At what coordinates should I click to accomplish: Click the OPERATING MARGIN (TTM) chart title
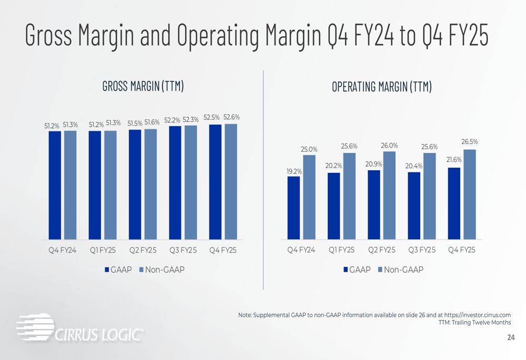(381, 87)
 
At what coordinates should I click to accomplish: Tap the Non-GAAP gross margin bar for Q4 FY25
(230, 181)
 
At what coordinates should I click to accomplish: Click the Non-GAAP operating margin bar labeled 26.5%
(469, 194)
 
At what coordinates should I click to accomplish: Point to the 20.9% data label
(373, 164)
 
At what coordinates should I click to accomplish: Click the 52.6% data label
(231, 117)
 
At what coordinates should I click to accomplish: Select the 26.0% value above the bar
(389, 146)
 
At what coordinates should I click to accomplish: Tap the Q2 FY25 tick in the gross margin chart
(143, 250)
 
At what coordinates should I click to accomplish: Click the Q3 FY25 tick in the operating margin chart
(421, 250)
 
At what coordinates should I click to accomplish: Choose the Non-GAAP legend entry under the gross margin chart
(161, 270)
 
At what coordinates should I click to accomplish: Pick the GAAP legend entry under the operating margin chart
(357, 270)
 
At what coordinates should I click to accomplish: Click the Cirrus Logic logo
(79, 329)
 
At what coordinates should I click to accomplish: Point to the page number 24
(511, 338)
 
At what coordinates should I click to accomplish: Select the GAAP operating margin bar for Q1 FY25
(333, 206)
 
